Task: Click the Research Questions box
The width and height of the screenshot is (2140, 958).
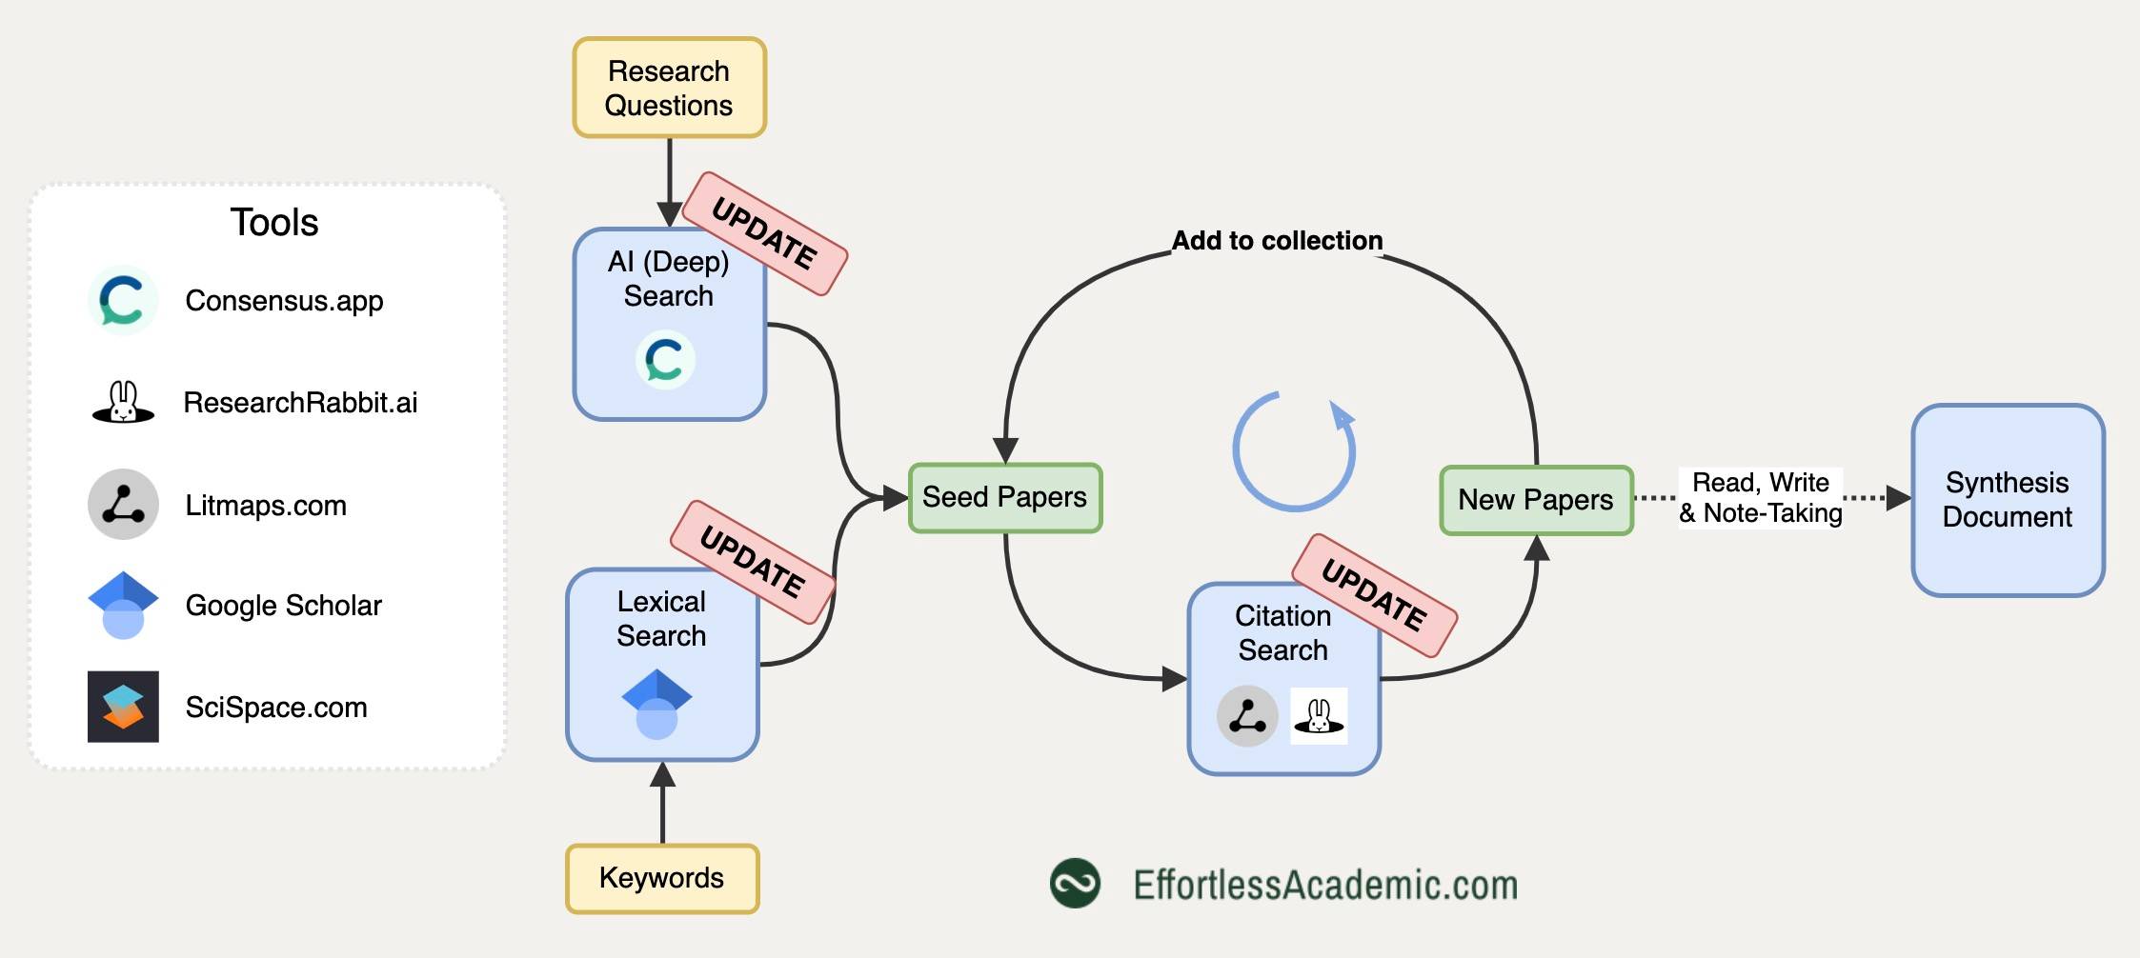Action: [x=669, y=88]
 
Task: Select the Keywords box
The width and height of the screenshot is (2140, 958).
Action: [x=662, y=878]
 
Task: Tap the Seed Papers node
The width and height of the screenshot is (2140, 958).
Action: [x=1005, y=497]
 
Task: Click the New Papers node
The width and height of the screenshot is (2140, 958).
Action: [x=1536, y=500]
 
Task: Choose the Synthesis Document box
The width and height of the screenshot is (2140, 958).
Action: [x=2008, y=500]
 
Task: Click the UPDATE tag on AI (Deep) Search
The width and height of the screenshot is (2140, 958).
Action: [x=765, y=233]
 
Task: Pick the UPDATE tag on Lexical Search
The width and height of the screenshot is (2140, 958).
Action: [x=753, y=562]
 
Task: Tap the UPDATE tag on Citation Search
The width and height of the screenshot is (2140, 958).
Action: [x=1374, y=595]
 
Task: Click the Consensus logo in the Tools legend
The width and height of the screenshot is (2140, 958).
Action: [x=123, y=300]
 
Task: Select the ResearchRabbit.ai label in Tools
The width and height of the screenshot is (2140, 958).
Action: [x=300, y=403]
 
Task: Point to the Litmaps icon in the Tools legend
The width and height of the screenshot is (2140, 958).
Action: [x=123, y=504]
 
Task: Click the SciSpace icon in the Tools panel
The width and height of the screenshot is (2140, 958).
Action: [x=123, y=707]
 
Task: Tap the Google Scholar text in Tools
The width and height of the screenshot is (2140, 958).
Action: [x=283, y=606]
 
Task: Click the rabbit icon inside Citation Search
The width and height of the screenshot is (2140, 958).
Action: [x=1319, y=715]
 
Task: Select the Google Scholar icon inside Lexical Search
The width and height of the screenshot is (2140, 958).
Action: [x=656, y=705]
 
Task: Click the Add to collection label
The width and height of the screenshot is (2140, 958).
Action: [x=1277, y=241]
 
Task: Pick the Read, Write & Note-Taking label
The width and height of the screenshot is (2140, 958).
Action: [x=1761, y=497]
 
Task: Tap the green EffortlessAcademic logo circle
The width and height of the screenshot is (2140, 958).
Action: [x=1075, y=883]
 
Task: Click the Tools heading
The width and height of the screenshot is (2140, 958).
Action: [x=274, y=223]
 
